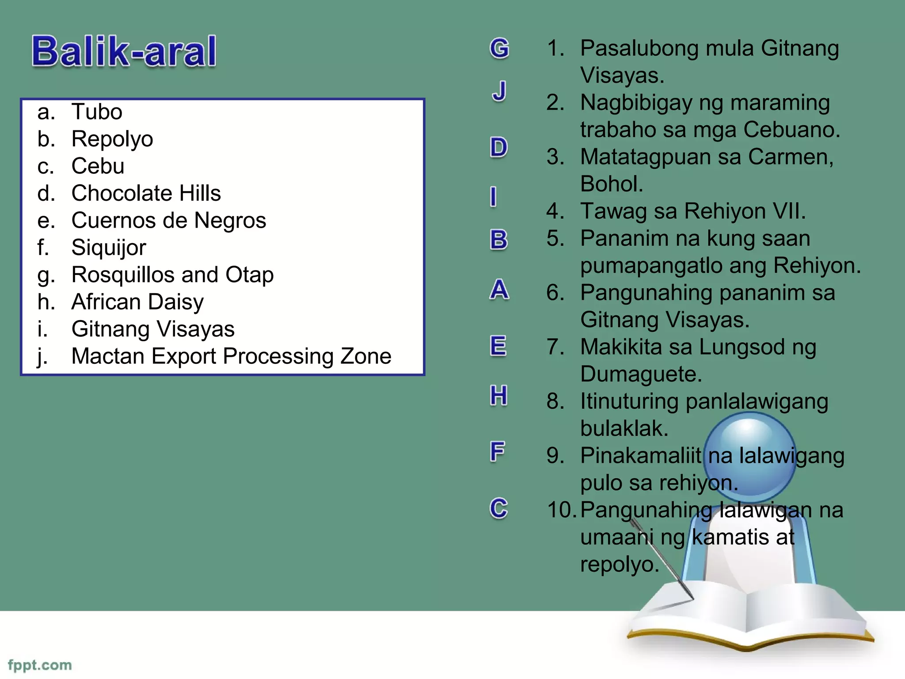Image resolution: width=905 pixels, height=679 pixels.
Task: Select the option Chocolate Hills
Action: tap(146, 193)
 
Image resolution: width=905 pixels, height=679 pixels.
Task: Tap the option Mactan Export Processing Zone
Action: tap(231, 356)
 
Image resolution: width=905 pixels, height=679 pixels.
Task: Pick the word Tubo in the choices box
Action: tap(97, 111)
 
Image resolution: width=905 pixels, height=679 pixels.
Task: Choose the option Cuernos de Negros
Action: tap(168, 220)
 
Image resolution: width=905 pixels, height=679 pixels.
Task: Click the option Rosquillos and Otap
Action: tap(172, 275)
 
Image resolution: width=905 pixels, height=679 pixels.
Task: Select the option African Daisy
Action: tap(137, 302)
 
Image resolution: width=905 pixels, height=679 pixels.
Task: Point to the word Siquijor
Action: tap(109, 248)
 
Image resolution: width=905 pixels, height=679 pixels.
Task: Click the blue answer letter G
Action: tap(499, 48)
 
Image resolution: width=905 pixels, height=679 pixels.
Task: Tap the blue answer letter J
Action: tap(499, 91)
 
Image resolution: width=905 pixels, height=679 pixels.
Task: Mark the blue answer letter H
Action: tap(498, 395)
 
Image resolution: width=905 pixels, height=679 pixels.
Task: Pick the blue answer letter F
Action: tap(498, 452)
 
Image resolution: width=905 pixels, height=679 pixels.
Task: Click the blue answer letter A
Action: tap(499, 290)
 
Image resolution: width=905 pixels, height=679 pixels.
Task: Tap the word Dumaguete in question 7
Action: tap(640, 374)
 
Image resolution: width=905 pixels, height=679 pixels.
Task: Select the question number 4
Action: tap(555, 211)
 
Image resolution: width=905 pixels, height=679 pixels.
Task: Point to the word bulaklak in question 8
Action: tap(624, 428)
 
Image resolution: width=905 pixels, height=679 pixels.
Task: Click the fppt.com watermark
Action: tap(40, 665)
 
